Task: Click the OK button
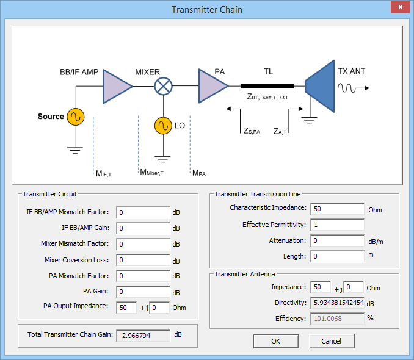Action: coord(276,340)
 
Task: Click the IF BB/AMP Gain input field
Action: coord(143,228)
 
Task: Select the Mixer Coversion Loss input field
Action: coord(143,260)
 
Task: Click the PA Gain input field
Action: coord(143,292)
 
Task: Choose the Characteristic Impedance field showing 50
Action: coord(337,209)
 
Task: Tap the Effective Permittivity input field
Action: coord(337,225)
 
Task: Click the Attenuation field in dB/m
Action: coord(337,241)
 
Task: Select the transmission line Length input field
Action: coord(337,257)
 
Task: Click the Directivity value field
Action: coord(337,303)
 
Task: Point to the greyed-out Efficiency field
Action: coord(337,318)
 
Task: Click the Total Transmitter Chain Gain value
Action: coord(143,335)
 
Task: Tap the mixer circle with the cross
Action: coord(162,86)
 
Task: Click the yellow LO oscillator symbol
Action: coord(162,126)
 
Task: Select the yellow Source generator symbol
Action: coord(76,117)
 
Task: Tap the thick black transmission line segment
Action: coord(267,86)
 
